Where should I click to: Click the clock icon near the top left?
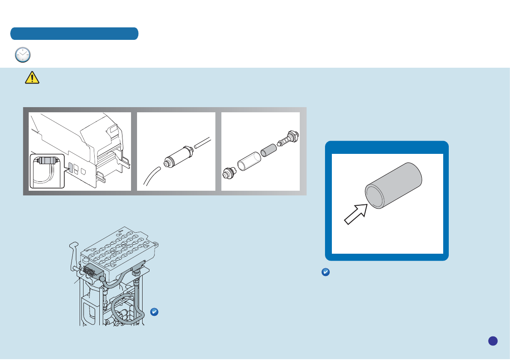tap(23, 55)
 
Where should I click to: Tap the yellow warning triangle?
tap(32, 77)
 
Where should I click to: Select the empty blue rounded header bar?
tap(75, 33)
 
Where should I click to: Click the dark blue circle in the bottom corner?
tap(492, 340)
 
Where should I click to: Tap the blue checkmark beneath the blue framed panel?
tap(325, 272)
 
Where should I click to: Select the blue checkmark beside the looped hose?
tap(155, 312)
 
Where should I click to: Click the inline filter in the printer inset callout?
tap(47, 161)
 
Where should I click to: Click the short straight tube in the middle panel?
tap(202, 142)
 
